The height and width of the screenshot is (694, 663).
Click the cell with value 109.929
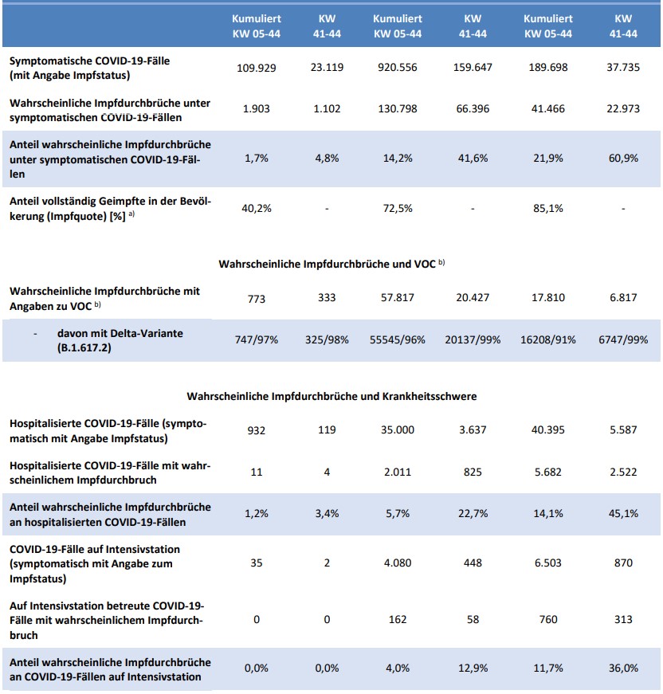coord(257,68)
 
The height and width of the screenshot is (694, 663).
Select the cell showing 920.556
coord(398,68)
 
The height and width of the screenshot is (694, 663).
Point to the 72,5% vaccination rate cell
coord(398,209)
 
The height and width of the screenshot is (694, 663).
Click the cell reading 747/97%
coord(257,339)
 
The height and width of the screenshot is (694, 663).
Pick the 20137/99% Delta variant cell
coord(473,339)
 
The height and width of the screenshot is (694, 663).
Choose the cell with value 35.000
coord(398,430)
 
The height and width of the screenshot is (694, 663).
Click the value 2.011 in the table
coord(398,472)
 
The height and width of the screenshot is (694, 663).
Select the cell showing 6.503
coord(547,563)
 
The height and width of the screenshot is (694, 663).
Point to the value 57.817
coord(398,298)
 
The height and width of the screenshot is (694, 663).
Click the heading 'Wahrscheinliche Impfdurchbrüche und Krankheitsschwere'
coord(331,396)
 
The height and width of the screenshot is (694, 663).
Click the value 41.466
coord(547,108)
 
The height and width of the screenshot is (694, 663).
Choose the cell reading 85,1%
coord(547,209)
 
